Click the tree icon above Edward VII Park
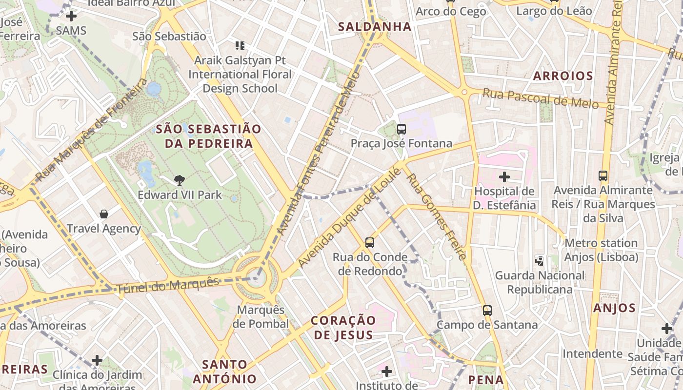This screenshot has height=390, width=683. click(x=180, y=180)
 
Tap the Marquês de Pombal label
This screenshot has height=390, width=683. click(x=261, y=317)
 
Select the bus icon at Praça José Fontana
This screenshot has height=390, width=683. click(x=402, y=129)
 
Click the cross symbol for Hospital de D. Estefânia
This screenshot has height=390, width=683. click(x=504, y=176)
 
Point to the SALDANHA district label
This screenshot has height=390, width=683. click(x=375, y=27)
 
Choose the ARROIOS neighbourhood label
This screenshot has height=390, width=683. click(x=563, y=76)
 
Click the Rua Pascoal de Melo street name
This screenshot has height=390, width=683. click(x=540, y=98)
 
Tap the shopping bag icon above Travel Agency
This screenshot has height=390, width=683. click(x=104, y=214)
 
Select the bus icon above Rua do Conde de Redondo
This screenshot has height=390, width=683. click(x=370, y=242)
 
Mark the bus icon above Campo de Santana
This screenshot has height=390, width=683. click(x=487, y=310)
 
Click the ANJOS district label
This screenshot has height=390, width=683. click(x=614, y=308)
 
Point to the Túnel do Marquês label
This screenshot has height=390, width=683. click(x=168, y=285)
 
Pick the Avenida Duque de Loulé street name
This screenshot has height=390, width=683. click(x=349, y=217)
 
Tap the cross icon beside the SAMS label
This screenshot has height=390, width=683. click(x=71, y=16)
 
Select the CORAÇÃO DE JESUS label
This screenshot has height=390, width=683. click(x=343, y=328)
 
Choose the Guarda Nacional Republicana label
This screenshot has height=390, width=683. click(x=540, y=283)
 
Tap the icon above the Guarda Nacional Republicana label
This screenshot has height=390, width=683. click(x=540, y=261)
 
